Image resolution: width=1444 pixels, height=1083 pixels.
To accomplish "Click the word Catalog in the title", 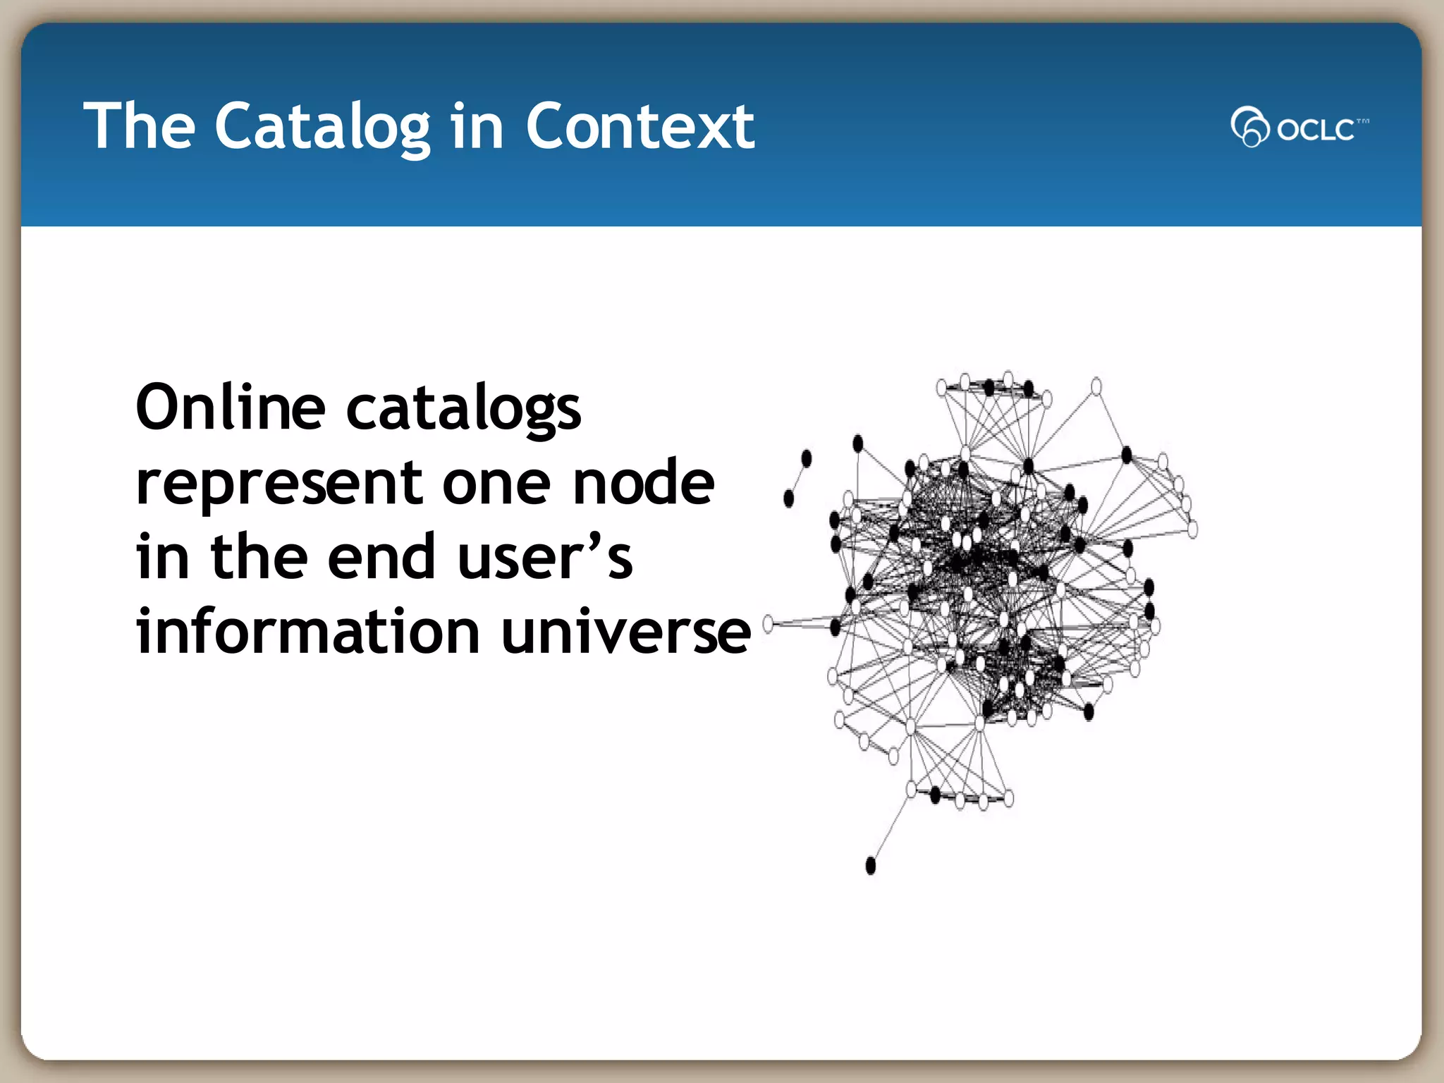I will click(322, 127).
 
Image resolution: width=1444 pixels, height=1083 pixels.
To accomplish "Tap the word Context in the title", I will click(640, 127).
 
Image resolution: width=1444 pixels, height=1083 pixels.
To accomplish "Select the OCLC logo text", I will click(1316, 130).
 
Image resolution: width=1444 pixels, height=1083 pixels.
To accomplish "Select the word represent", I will click(279, 484).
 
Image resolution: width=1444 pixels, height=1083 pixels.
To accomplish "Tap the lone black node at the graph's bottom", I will click(870, 865).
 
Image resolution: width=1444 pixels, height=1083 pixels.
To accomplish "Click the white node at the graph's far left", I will click(768, 623).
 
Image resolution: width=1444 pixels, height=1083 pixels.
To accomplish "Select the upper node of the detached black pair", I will click(807, 458).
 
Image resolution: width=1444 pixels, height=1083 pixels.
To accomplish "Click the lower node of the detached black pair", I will click(788, 498).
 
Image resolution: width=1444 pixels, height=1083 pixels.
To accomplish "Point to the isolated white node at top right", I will click(1096, 386).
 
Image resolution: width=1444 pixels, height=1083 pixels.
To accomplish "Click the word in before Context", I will click(477, 127).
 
